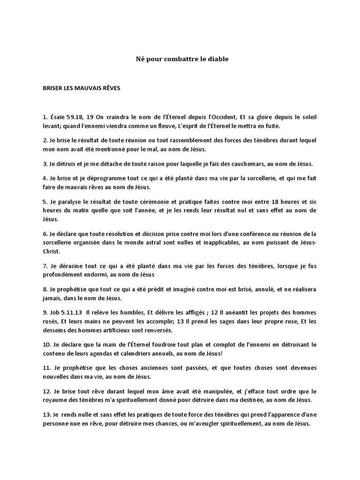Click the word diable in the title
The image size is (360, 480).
[218, 60]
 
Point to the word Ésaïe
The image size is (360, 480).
[60, 117]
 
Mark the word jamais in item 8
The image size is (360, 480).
[52, 298]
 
